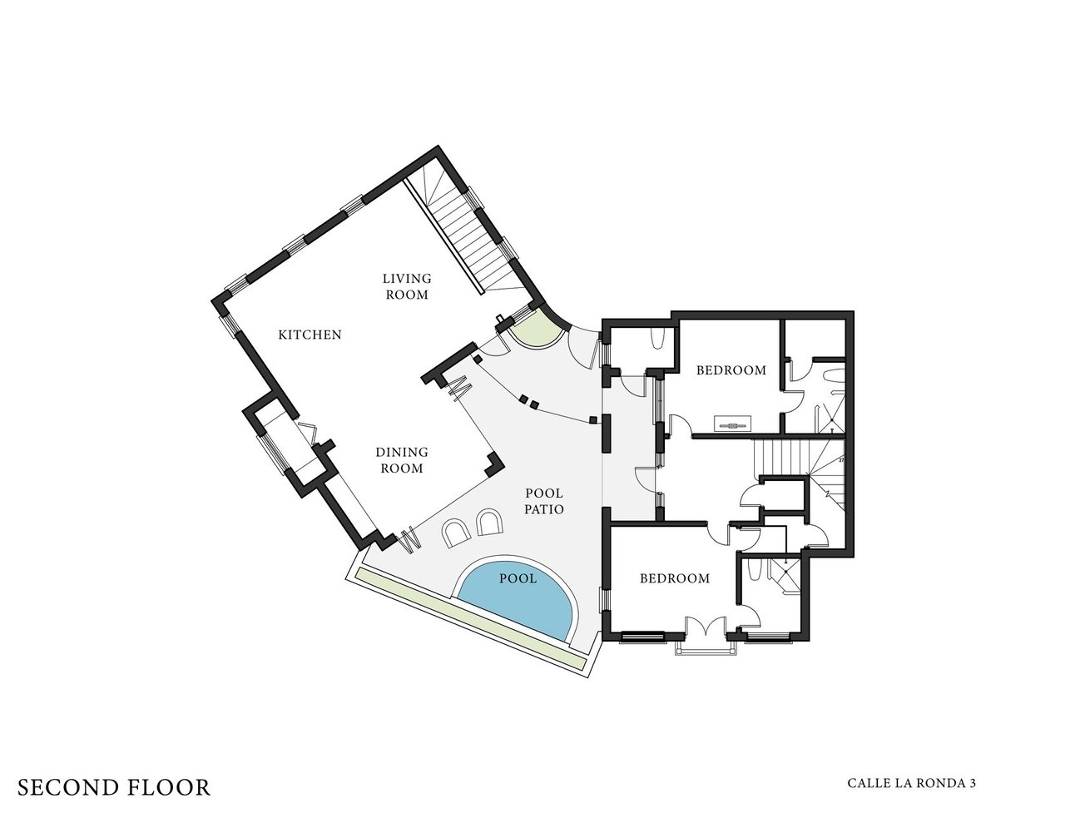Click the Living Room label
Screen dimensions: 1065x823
407,286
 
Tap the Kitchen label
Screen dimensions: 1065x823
310,335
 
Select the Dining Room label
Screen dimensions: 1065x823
402,460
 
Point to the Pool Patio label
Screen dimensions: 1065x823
544,501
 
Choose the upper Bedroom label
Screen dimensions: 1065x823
731,370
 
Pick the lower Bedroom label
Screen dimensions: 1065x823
675,578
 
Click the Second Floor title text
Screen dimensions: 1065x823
114,787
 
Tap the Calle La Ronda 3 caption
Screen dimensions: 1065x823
911,783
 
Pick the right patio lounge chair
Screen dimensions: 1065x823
489,523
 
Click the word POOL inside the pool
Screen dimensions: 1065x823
518,579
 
